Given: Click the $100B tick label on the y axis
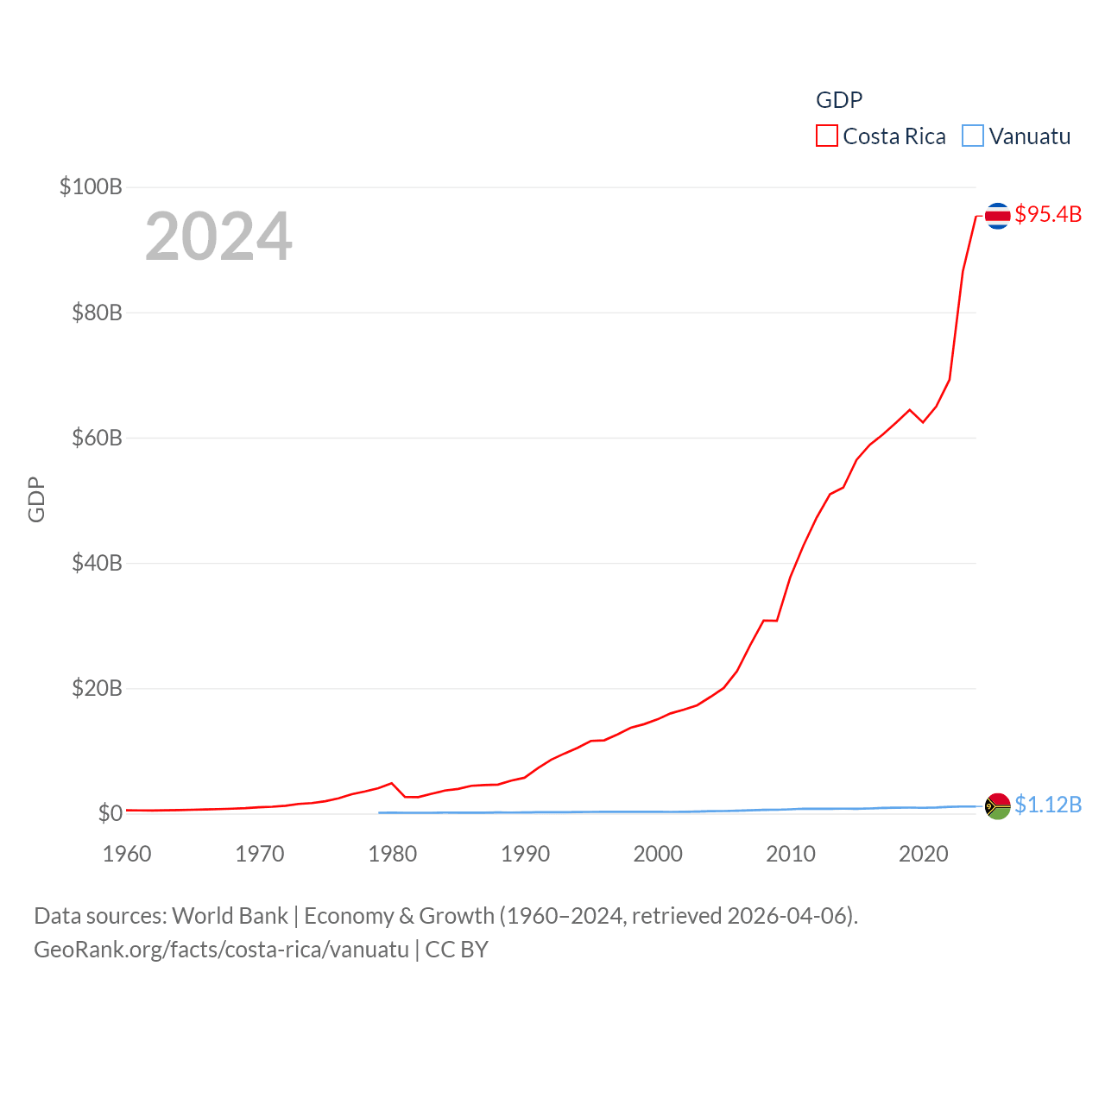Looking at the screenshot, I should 91,186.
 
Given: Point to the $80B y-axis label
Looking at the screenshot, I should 97,313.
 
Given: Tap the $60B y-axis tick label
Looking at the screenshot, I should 97,438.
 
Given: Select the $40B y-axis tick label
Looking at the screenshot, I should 97,563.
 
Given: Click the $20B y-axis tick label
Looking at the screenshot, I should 97,688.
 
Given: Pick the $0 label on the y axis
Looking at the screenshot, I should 110,813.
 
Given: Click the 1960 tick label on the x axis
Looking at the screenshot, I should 127,854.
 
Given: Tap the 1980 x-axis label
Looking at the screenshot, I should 392,854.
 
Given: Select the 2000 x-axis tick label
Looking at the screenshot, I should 658,854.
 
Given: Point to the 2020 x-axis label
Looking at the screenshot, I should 923,854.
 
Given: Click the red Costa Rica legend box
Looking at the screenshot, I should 826,136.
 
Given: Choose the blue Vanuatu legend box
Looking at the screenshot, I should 972,136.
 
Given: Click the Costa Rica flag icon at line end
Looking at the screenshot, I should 997,215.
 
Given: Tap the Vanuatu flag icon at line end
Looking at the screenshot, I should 997,806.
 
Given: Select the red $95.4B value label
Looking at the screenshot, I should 1048,214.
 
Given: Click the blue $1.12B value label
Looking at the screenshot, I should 1048,805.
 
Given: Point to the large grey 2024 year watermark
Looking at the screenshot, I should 218,237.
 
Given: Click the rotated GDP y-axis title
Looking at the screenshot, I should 36,499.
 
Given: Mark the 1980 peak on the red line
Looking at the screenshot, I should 392,783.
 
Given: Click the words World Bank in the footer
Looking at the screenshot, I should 230,915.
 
